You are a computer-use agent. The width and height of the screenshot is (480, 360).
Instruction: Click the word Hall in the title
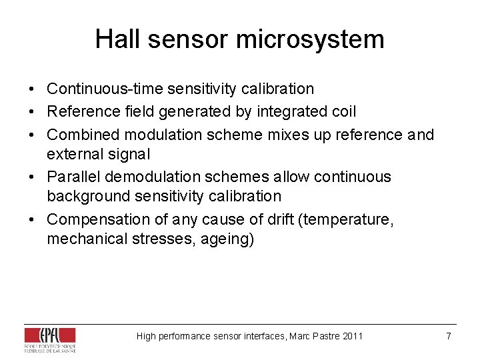point(117,39)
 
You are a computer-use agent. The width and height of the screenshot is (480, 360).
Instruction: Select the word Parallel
point(71,177)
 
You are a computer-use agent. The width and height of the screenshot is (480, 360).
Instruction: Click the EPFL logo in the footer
point(50,339)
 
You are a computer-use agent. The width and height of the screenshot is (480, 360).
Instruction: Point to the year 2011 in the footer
point(353,336)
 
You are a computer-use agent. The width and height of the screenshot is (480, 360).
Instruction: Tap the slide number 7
point(449,336)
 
